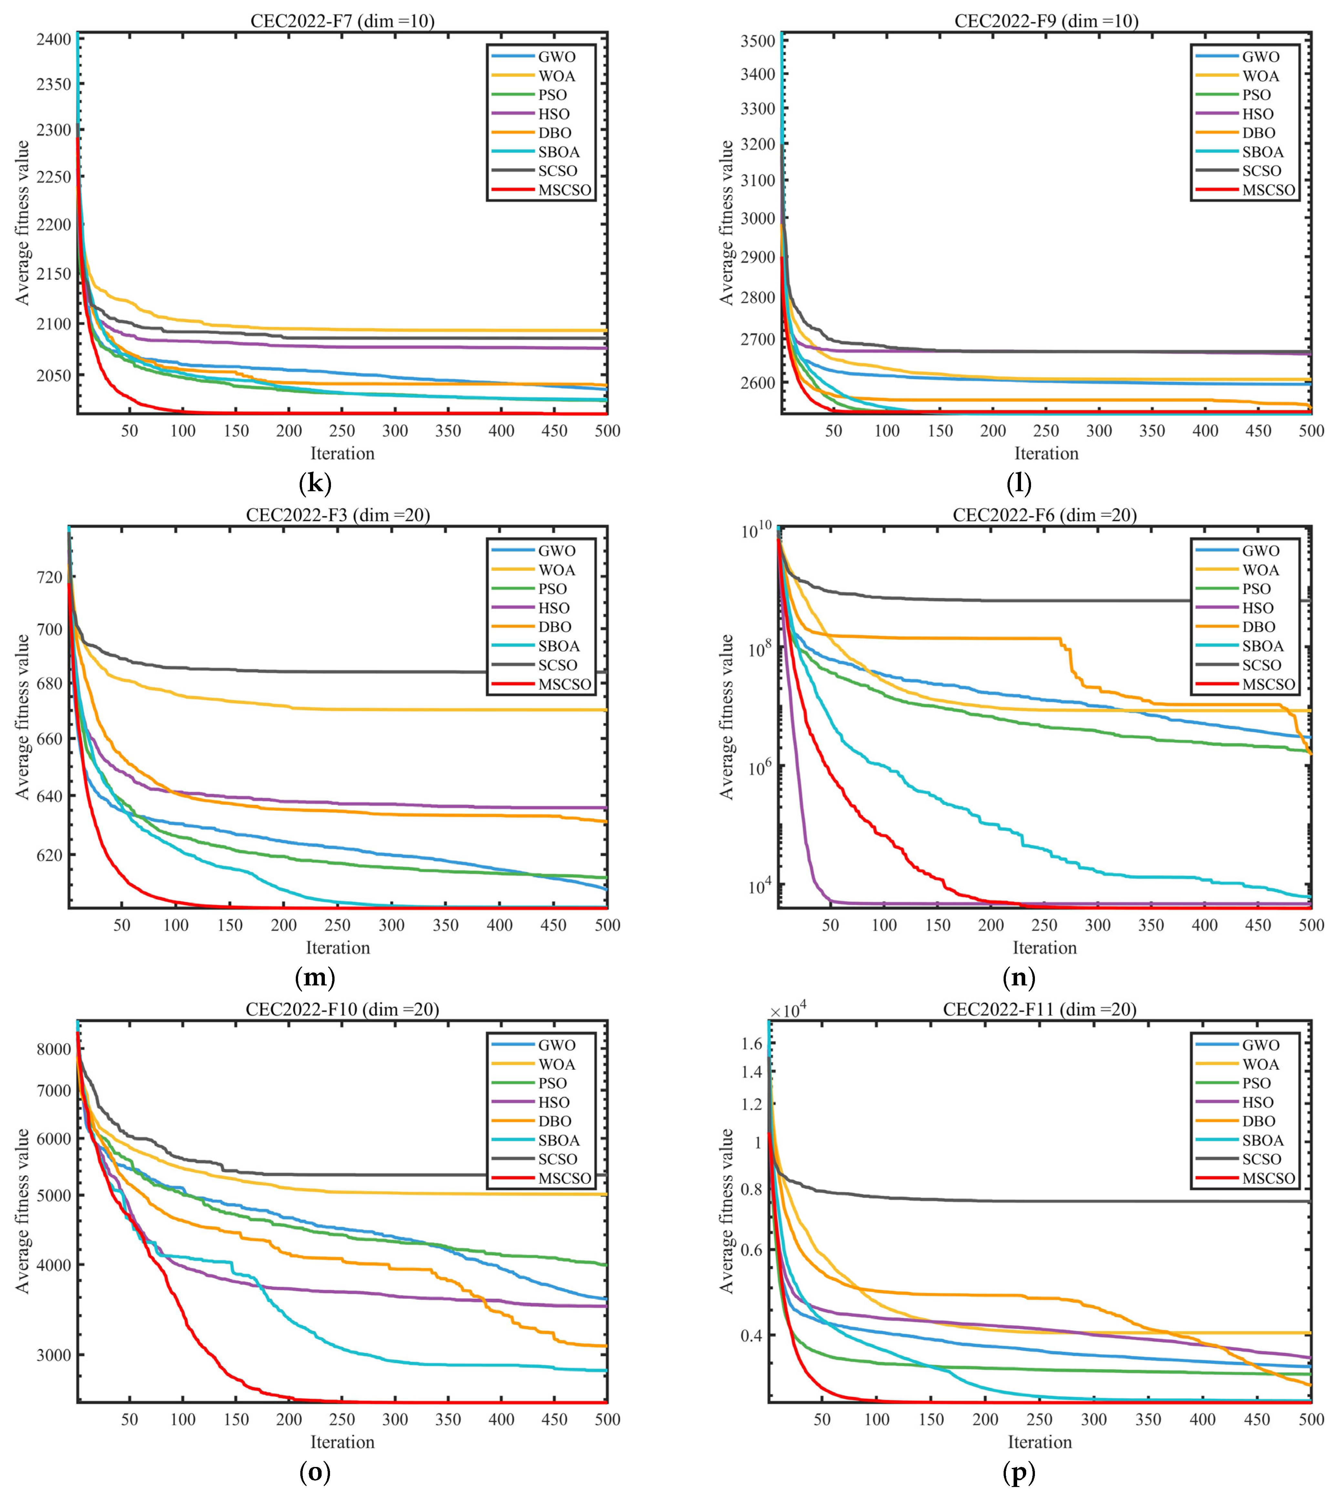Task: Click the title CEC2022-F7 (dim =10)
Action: [342, 21]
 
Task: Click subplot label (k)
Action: [315, 484]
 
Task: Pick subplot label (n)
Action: [1019, 978]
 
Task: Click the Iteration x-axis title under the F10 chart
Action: [342, 1442]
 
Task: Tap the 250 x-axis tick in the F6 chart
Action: [1044, 925]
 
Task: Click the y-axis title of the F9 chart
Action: [727, 223]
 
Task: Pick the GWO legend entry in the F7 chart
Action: [556, 57]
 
